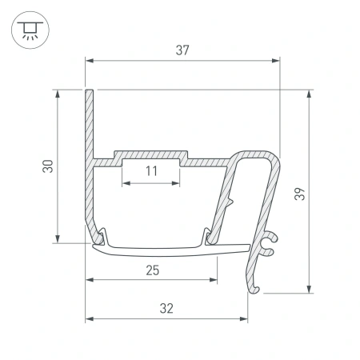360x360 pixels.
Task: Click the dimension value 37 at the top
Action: (182, 50)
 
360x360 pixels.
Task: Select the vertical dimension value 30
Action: (48, 166)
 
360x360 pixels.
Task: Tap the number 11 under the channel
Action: (152, 171)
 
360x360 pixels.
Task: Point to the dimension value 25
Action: (152, 270)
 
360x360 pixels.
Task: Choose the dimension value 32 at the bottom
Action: (166, 308)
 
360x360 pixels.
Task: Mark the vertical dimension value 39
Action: (298, 193)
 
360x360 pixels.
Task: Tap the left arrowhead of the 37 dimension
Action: (89, 60)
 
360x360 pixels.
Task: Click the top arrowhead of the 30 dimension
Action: (58, 94)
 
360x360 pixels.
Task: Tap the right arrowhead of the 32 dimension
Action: (243, 318)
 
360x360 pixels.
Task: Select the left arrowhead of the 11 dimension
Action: (125, 182)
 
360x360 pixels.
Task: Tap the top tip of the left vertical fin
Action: (90, 91)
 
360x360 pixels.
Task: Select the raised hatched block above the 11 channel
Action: (152, 154)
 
